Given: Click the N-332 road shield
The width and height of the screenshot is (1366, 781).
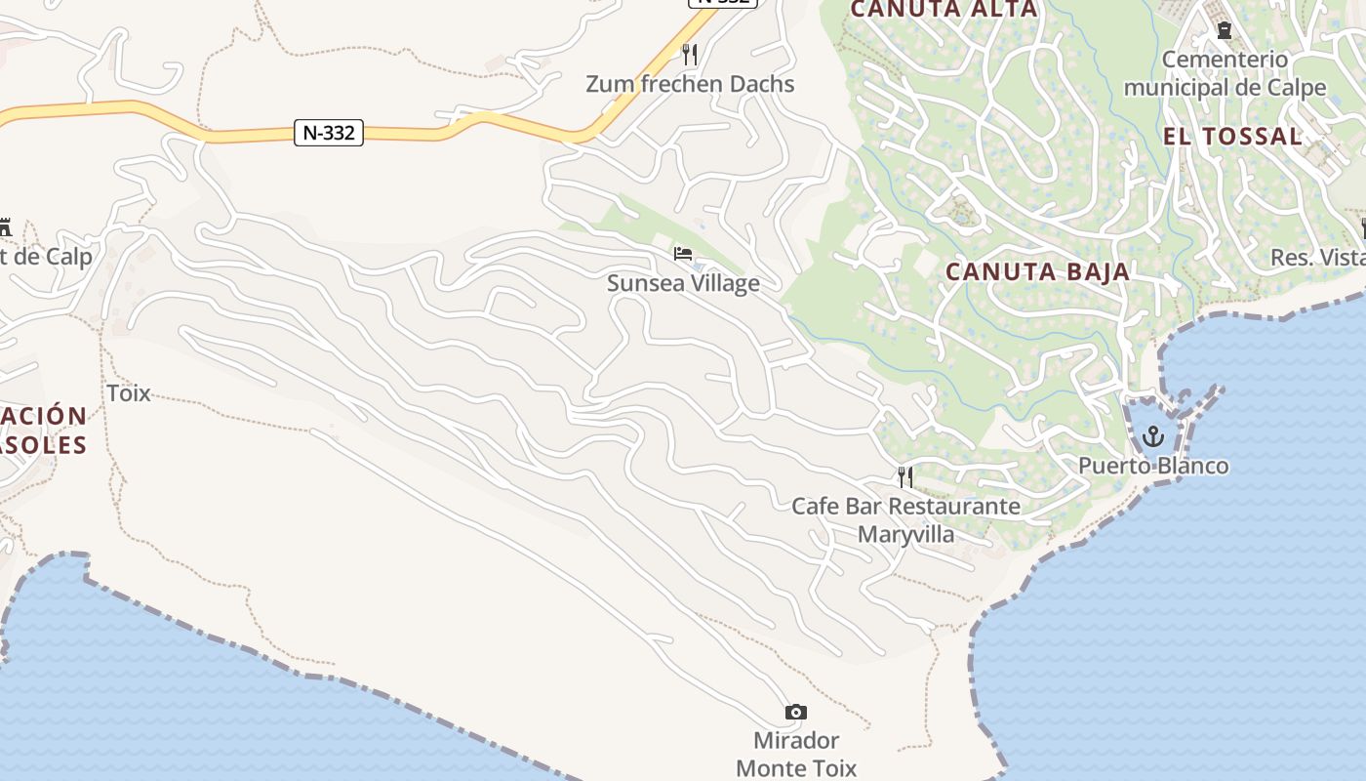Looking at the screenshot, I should click(329, 133).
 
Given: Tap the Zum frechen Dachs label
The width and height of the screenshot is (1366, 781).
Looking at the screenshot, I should click(690, 84).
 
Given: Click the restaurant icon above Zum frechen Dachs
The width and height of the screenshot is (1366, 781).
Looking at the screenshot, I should click(690, 54).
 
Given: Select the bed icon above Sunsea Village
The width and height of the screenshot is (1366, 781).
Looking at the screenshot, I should click(683, 254).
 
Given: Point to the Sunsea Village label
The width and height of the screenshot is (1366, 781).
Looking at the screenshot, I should click(683, 283).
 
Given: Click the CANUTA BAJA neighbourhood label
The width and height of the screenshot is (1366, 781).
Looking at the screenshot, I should click(1038, 272).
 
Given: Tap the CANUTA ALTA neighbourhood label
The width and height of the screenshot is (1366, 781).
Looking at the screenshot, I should click(944, 10).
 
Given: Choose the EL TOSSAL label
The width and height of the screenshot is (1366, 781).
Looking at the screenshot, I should click(1232, 137).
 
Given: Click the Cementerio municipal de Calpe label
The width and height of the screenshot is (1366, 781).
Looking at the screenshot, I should click(1225, 73).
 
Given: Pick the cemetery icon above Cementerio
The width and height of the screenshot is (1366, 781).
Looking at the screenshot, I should click(1224, 30).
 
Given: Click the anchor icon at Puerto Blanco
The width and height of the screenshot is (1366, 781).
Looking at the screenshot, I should click(1153, 435).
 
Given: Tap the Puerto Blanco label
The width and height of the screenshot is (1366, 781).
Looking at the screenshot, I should click(1153, 466).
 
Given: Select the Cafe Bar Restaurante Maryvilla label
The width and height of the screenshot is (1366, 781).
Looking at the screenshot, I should click(905, 520).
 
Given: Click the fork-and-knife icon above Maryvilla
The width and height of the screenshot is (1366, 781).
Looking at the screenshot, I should click(905, 476).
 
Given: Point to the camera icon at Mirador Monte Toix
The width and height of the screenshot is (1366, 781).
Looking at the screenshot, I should click(796, 712).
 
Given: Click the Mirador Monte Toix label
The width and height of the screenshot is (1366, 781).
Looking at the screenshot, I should click(796, 754).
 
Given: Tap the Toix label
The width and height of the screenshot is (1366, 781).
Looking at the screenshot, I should click(129, 393).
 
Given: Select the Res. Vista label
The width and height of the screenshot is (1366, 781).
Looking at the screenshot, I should click(1317, 258).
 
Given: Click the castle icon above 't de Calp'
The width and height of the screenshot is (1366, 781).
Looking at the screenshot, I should click(4, 228).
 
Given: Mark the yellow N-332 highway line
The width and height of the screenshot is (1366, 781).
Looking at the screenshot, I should click(146, 109).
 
